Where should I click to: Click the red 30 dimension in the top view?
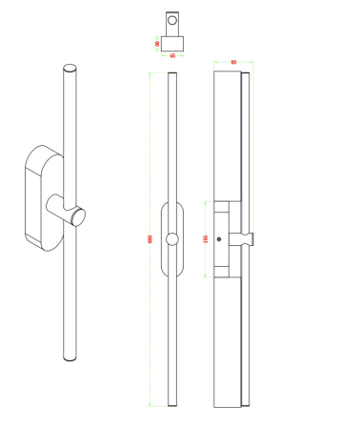point(156,43)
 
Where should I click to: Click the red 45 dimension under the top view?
point(172,55)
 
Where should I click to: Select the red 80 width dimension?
point(234,63)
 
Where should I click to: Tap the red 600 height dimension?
point(150,238)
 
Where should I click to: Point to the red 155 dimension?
point(206,239)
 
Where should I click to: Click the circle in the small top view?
point(172,21)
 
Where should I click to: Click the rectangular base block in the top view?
point(172,43)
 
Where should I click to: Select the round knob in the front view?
point(172,239)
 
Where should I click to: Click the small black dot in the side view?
point(219,238)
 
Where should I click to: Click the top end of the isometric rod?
point(69,69)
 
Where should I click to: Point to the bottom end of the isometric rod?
point(70,357)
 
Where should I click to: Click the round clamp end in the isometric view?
point(77,215)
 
